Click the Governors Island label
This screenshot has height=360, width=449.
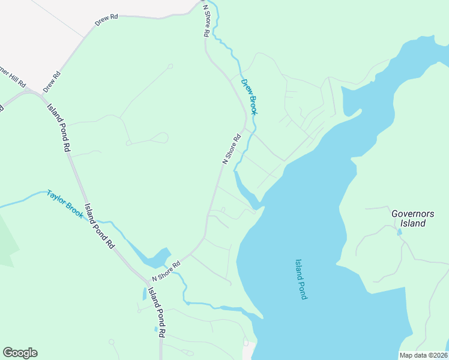click(408, 218)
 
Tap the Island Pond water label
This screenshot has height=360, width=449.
click(301, 279)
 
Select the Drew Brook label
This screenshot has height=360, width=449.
click(249, 97)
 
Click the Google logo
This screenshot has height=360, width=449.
click(20, 353)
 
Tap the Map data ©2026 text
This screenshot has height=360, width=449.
click(423, 355)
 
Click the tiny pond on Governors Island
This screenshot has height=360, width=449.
click(399, 232)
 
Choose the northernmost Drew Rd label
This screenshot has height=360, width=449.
click(106, 21)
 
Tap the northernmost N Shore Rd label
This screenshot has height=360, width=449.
click(206, 22)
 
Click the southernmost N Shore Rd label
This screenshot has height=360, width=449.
click(166, 271)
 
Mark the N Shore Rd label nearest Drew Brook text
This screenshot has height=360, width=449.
click(232, 149)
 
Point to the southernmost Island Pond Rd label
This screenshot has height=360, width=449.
click(156, 312)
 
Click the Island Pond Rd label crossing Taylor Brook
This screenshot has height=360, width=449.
click(99, 225)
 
